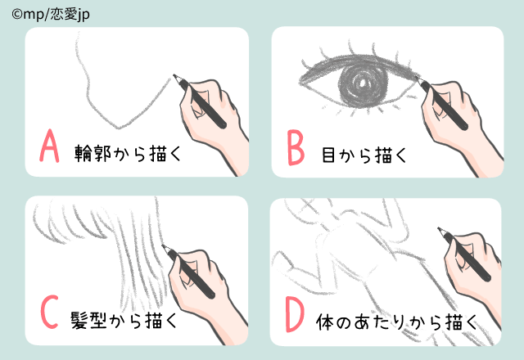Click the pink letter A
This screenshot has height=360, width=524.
(x=49, y=148)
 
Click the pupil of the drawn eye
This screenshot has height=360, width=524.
(x=362, y=81)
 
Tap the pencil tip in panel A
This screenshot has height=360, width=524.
(x=174, y=78)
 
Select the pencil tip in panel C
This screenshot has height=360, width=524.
(x=165, y=246)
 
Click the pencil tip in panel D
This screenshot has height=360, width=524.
(x=440, y=230)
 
